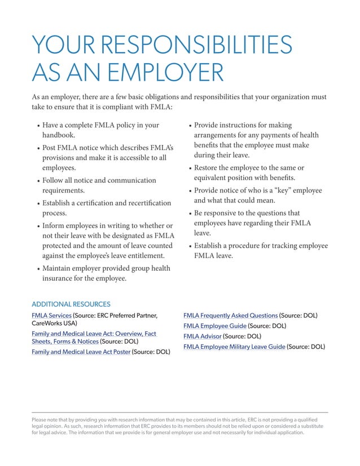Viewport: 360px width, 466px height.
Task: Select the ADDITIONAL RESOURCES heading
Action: point(71,304)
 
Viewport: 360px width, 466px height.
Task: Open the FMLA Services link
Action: point(51,315)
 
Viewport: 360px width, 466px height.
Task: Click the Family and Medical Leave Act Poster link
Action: point(81,352)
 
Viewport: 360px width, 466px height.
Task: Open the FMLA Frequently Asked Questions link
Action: point(230,315)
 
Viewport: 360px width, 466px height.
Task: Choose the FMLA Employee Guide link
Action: point(215,326)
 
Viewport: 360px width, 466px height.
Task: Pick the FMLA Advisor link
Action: point(203,336)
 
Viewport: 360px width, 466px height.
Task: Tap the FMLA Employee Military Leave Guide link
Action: point(234,347)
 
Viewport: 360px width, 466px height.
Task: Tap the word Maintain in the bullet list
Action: point(60,269)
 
